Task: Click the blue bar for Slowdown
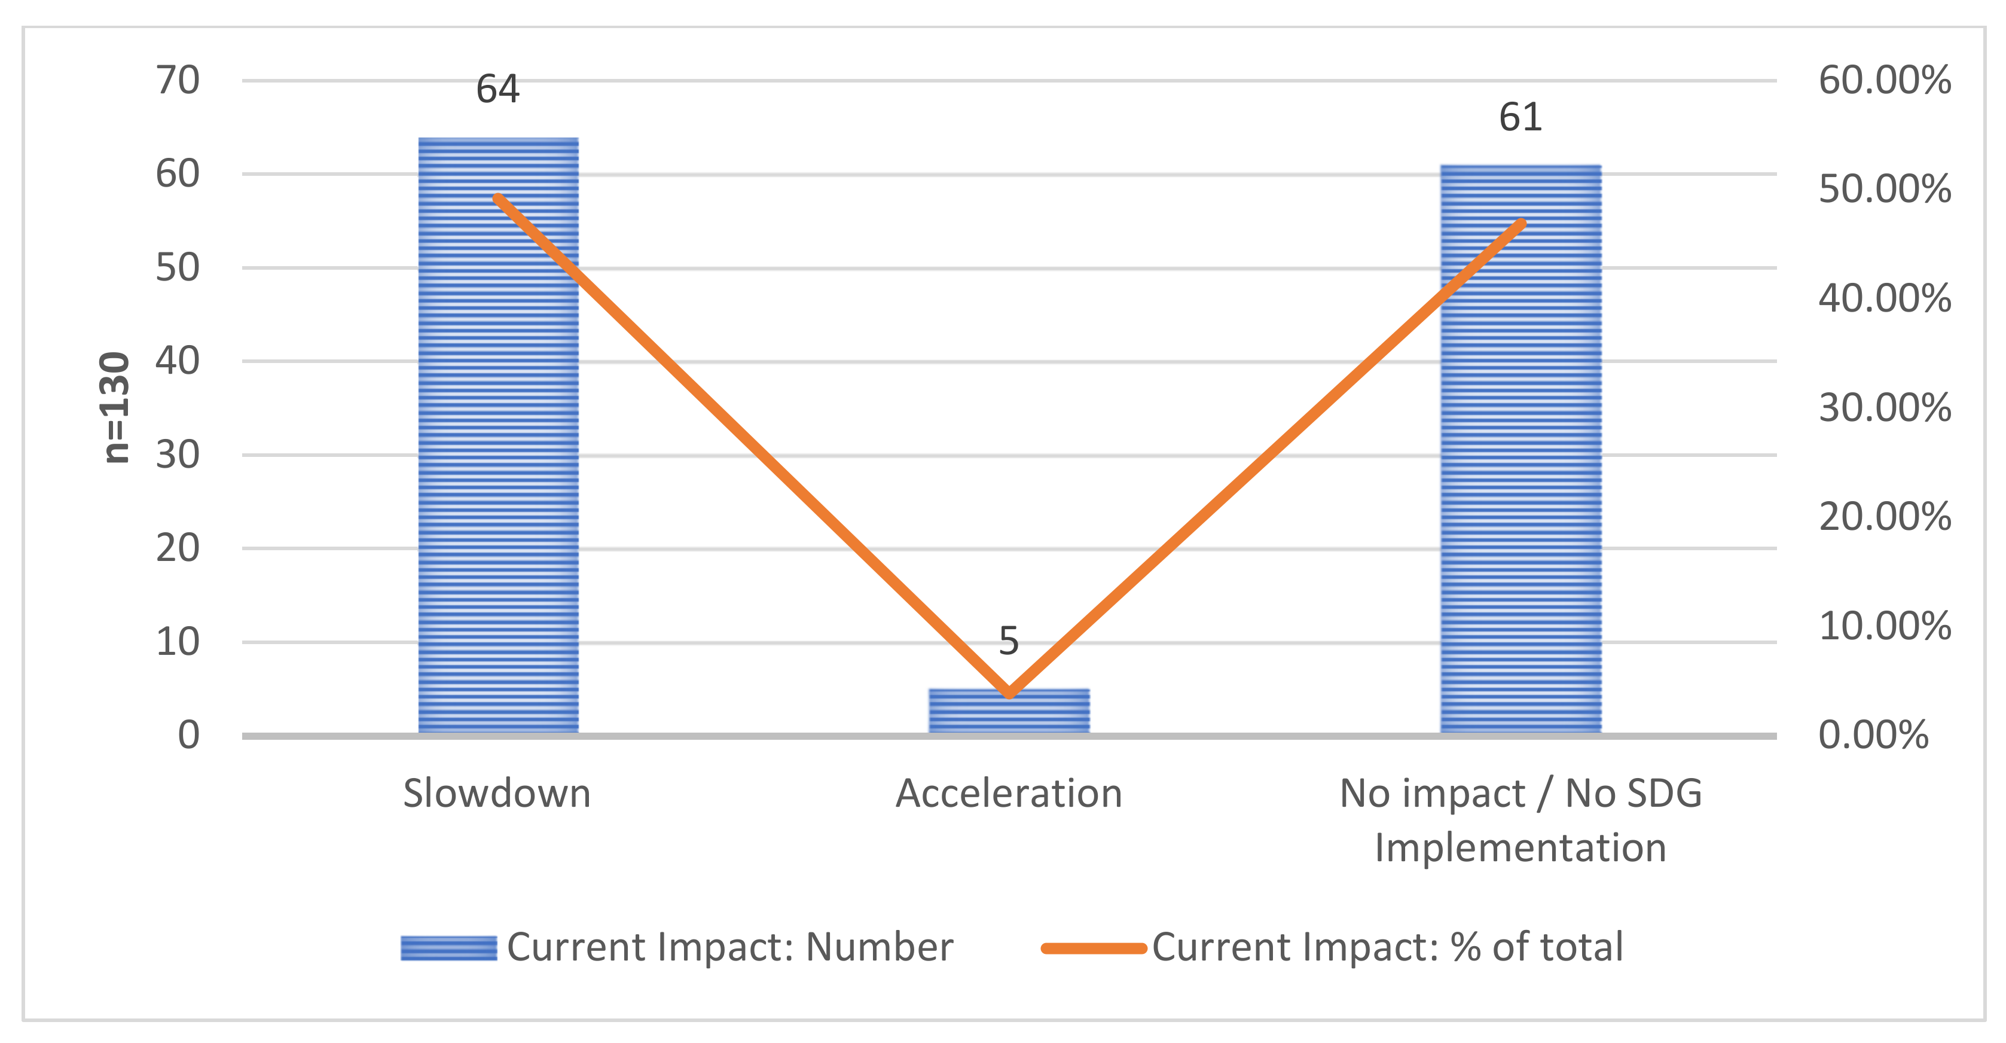(499, 436)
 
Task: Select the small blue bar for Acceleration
(1009, 710)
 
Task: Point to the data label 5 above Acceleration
(1009, 641)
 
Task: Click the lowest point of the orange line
(1009, 693)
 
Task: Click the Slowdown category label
(497, 794)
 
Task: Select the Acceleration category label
(1009, 794)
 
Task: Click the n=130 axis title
(115, 407)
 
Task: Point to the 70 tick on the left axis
(178, 80)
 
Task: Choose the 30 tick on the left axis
(178, 455)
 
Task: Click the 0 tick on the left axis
(188, 736)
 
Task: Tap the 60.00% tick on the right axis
(1885, 80)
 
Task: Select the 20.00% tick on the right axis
(1885, 517)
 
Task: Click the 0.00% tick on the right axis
(1873, 736)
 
